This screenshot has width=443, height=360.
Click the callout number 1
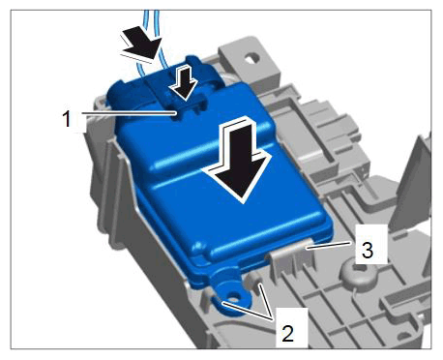(67, 119)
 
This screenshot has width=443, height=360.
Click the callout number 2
(287, 333)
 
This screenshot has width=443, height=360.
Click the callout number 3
(368, 250)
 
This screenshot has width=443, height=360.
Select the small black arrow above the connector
(185, 82)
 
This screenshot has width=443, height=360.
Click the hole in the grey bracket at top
(251, 58)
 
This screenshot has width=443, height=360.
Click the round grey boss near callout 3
(359, 274)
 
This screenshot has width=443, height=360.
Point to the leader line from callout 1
(129, 113)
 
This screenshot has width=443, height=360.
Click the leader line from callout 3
(330, 245)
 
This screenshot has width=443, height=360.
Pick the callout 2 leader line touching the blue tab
(249, 311)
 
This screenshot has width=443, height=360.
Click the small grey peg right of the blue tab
(252, 280)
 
